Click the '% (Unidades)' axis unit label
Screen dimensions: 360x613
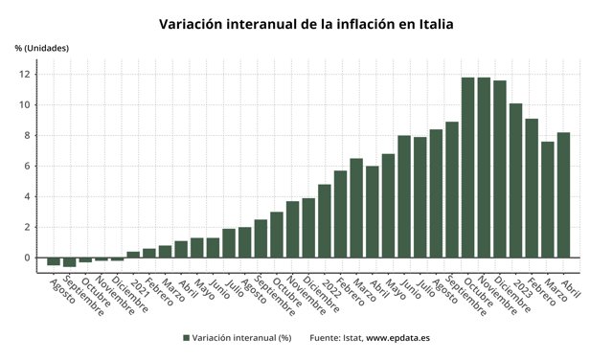click(41, 48)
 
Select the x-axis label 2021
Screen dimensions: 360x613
click(139, 287)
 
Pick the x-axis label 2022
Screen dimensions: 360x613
click(329, 287)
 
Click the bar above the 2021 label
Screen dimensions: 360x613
click(133, 255)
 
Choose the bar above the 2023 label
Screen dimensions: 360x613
click(515, 180)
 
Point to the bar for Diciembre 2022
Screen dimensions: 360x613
click(499, 169)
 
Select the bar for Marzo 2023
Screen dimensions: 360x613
click(547, 199)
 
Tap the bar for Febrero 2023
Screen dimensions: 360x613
click(532, 188)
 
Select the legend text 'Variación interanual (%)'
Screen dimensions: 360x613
click(241, 338)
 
